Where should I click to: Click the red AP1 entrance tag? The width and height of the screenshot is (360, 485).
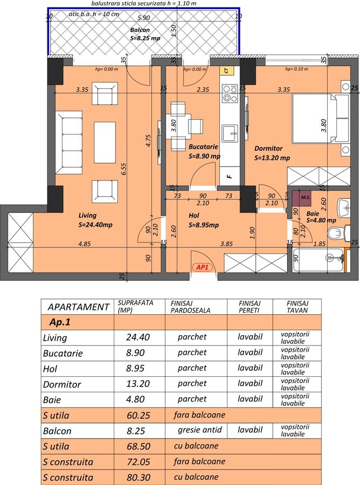(202, 267)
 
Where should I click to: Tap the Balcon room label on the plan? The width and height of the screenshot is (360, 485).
(140, 30)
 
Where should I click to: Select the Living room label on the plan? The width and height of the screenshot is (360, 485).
(87, 215)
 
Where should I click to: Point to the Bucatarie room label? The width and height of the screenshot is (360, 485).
(203, 147)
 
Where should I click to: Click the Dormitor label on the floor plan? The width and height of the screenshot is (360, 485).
(268, 149)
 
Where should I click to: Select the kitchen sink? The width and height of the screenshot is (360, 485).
(230, 133)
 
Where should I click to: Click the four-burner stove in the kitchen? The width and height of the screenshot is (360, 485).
(230, 93)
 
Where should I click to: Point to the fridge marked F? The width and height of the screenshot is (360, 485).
(230, 176)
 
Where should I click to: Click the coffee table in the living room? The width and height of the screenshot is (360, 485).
(105, 142)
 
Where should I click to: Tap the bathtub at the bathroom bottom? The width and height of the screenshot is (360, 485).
(318, 260)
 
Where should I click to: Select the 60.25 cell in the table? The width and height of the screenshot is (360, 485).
(139, 415)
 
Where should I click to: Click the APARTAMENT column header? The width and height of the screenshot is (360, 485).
(78, 307)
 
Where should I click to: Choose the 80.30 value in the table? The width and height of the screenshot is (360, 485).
(139, 477)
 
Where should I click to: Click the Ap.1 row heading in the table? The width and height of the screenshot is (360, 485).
(60, 322)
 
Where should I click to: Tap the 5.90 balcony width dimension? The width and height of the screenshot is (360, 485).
(143, 18)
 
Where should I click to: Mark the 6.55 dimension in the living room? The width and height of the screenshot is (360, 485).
(124, 169)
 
